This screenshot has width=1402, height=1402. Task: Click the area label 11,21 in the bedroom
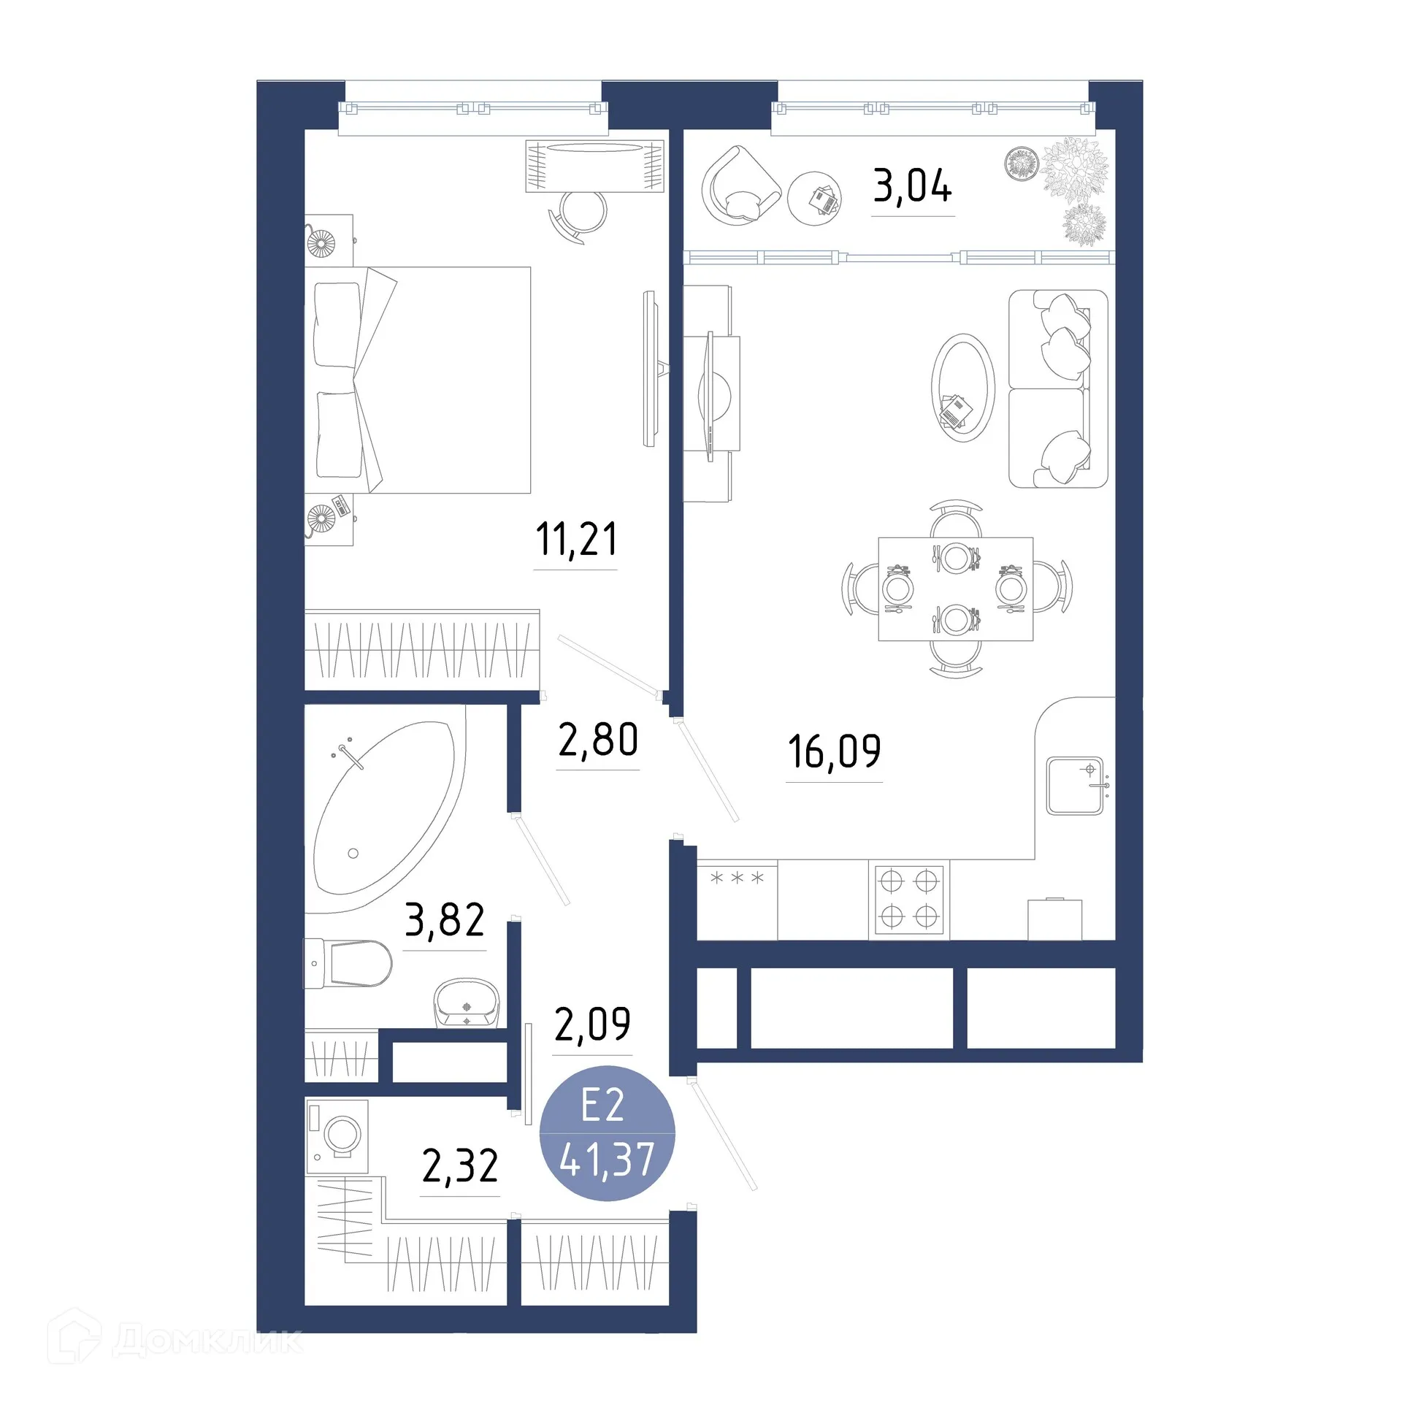click(575, 540)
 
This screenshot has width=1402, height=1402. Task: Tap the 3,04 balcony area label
click(912, 186)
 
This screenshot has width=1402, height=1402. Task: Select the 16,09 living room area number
click(834, 751)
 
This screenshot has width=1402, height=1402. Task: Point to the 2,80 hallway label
click(597, 740)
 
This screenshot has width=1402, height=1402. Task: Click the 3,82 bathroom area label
click(444, 920)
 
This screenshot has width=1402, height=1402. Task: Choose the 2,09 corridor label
click(591, 1024)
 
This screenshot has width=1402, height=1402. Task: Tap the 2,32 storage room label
click(459, 1166)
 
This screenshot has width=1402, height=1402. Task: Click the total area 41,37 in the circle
click(606, 1160)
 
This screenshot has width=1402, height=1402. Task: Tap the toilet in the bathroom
click(350, 964)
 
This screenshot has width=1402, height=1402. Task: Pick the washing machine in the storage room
click(337, 1135)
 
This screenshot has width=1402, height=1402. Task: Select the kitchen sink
click(1074, 786)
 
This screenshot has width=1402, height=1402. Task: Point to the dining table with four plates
click(955, 589)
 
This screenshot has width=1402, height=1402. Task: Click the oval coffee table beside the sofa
click(962, 388)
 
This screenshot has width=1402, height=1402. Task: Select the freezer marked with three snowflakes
click(737, 899)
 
